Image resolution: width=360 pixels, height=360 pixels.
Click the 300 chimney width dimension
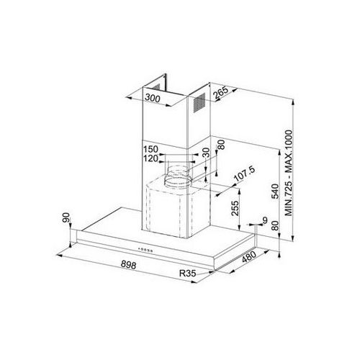tap(153, 98)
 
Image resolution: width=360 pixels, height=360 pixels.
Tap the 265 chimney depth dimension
tap(221, 93)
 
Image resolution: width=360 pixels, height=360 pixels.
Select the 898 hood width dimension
tap(128, 264)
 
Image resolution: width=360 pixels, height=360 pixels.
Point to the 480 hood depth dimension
tap(249, 257)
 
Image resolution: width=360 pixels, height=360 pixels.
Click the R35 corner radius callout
tap(188, 273)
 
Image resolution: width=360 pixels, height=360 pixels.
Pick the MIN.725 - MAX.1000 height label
tap(289, 173)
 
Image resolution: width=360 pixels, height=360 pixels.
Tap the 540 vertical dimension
tap(275, 192)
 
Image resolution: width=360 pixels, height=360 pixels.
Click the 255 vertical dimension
tap(236, 208)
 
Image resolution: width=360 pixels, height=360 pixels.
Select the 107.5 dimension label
tap(244, 174)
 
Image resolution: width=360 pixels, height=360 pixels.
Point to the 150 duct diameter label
tap(150, 149)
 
